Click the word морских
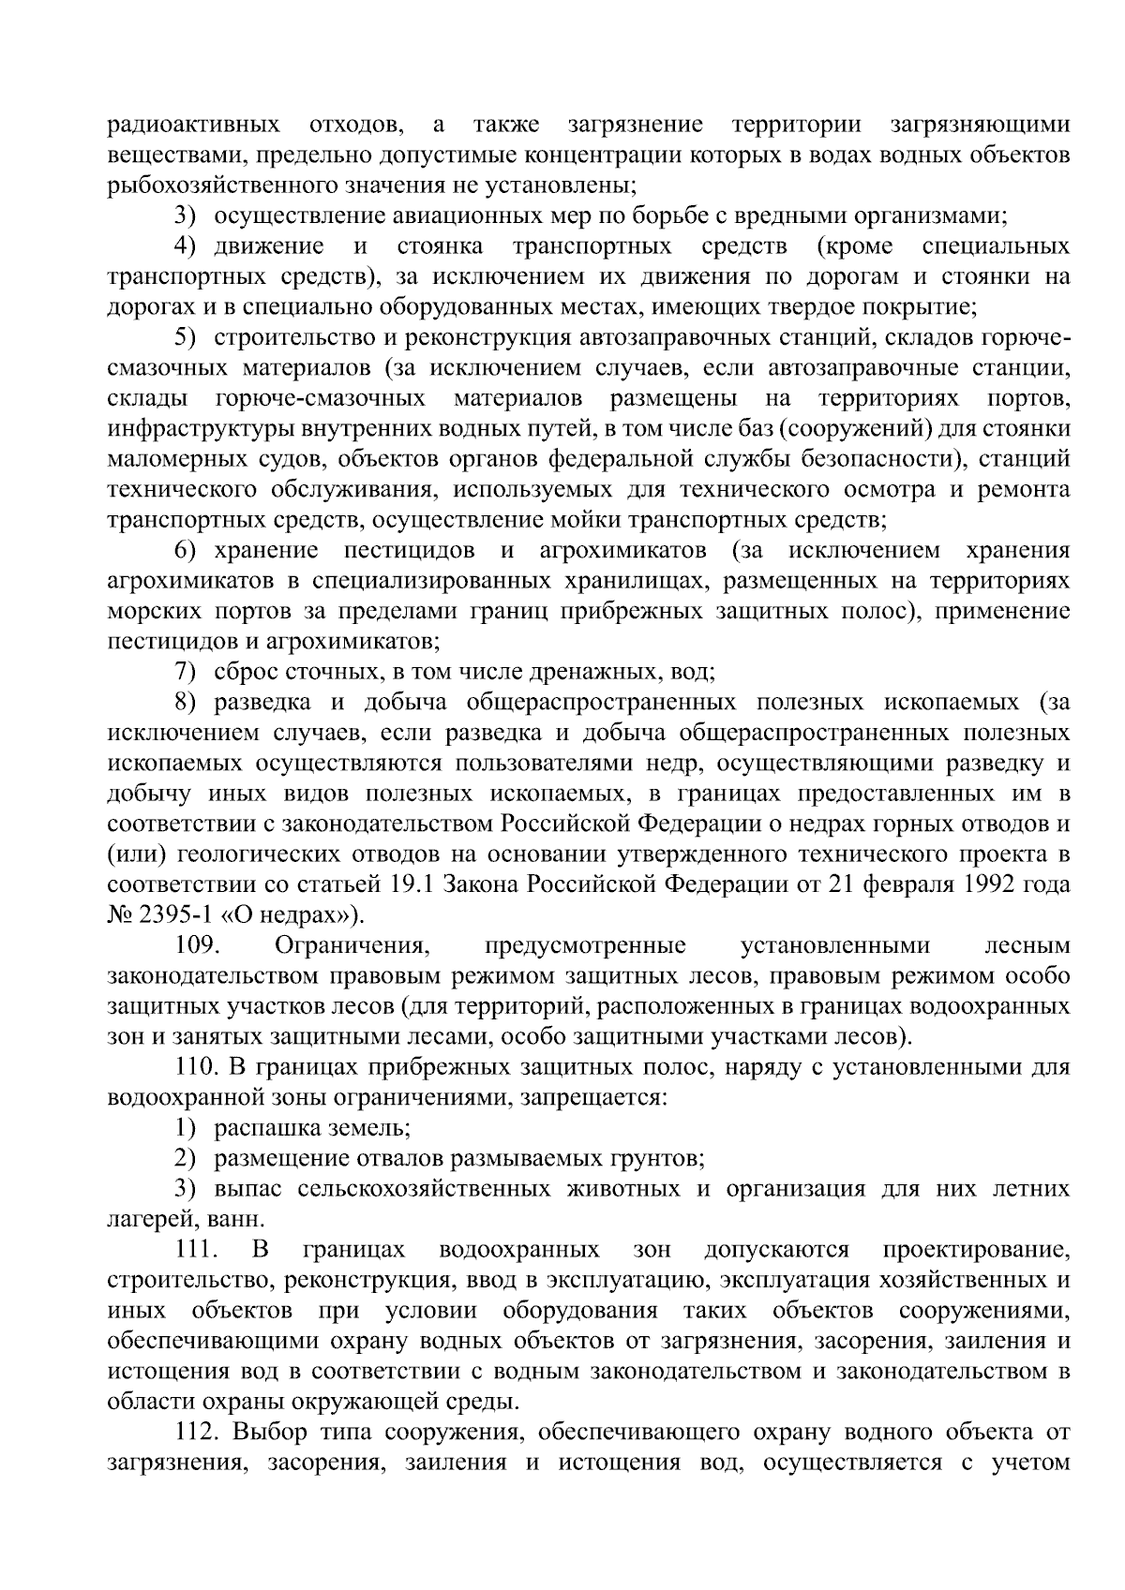click(x=148, y=611)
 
